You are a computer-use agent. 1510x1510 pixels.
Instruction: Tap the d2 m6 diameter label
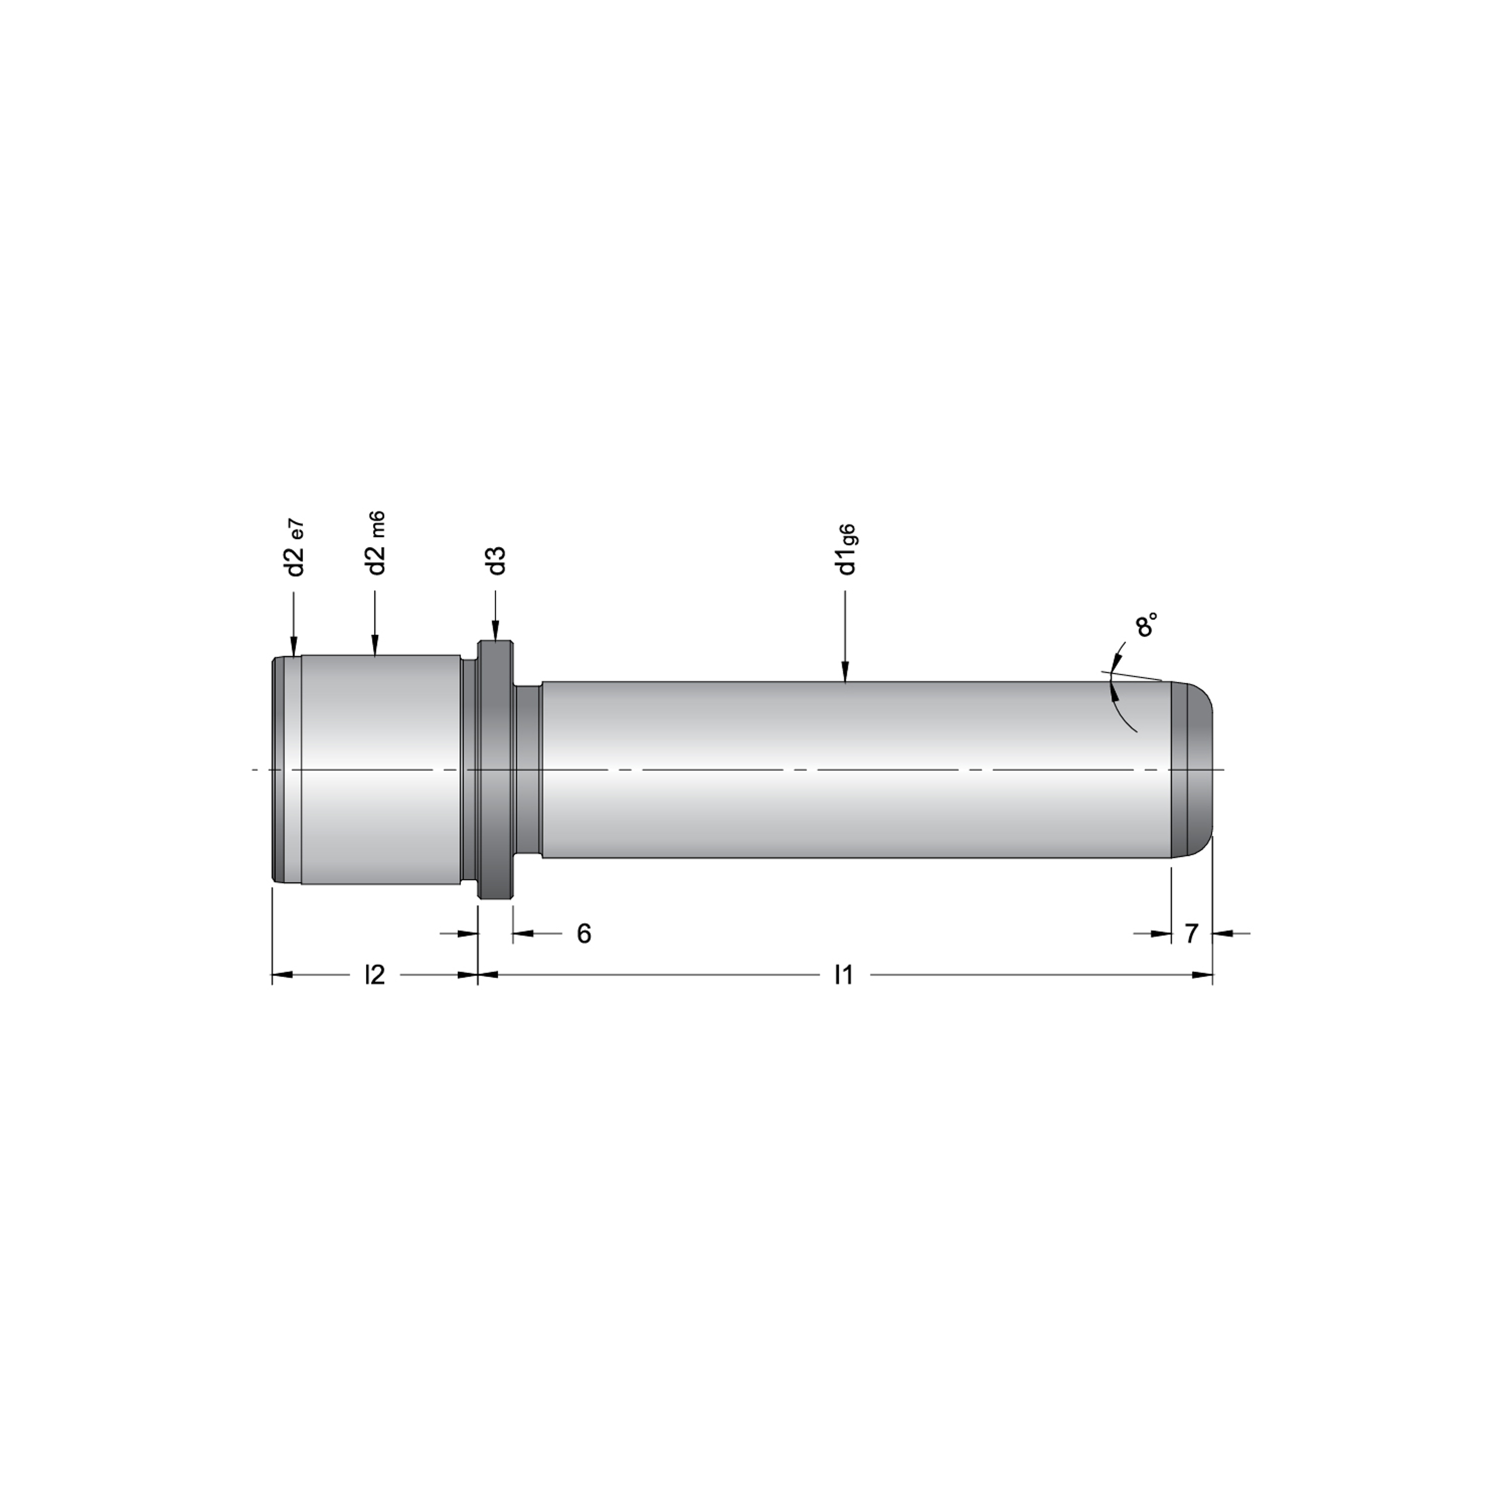tap(376, 544)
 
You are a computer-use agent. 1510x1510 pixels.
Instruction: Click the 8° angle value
tap(1146, 625)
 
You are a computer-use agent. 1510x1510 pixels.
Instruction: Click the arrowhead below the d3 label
tap(495, 630)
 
